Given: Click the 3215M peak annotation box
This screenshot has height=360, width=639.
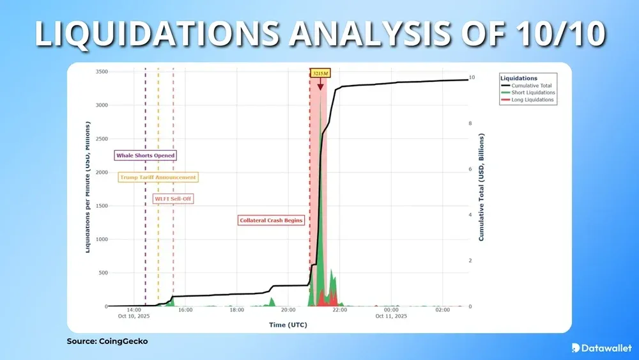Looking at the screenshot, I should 319,74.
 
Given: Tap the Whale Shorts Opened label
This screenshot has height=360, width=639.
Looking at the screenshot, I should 146,155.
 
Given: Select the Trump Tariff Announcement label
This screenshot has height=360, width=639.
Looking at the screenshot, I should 158,177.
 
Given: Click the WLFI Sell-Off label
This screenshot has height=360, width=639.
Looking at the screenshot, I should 173,199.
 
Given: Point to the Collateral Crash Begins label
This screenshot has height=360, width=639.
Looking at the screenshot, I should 271,220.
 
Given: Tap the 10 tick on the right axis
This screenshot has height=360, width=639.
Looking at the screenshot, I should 472,78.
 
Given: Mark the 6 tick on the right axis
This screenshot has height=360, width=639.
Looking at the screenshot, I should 470,169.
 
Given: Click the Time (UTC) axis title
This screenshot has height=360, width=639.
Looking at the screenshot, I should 288,325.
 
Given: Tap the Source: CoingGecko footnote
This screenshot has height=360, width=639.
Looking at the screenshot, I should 107,341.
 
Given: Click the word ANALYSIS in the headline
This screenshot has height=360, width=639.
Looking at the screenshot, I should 367,33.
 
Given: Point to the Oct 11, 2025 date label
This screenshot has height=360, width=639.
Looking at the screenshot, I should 391,317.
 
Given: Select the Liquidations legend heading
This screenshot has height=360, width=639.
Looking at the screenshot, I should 519,79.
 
